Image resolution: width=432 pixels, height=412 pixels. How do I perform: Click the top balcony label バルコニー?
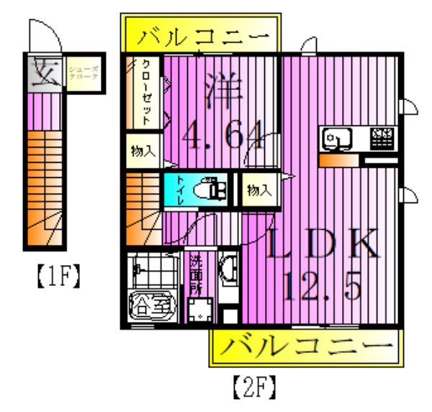205,35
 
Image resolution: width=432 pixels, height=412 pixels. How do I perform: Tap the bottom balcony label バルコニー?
302,348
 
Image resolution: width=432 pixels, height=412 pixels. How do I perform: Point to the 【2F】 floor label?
253,390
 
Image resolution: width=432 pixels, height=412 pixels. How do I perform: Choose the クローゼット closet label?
145,92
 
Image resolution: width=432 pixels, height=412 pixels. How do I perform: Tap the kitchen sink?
336,137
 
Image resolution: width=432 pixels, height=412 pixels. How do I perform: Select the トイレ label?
180,190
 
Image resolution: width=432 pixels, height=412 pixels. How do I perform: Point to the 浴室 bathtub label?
151,305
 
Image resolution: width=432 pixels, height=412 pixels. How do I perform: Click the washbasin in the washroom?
228,270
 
